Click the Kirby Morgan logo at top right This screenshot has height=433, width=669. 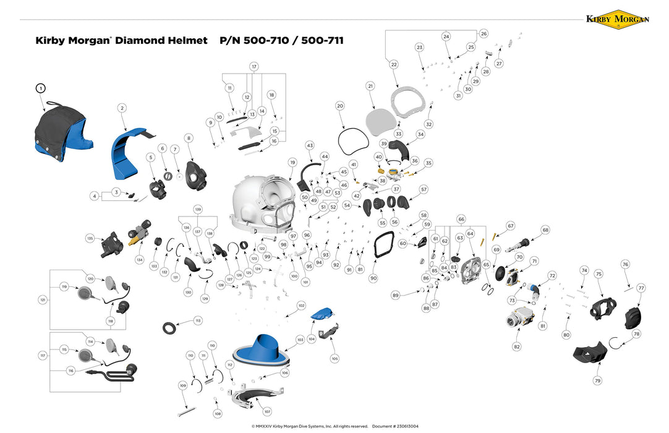pos(617,19)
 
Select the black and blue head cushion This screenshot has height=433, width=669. pos(62,133)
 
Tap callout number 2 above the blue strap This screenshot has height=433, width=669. pos(122,108)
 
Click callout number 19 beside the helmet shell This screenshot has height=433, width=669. pos(292,162)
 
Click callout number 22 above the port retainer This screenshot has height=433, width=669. pos(394,64)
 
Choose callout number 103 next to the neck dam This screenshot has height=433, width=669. pos(300,340)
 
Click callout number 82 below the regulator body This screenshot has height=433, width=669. pos(516,347)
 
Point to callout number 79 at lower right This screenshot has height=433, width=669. pos(597,381)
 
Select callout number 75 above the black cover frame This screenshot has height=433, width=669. pos(598,273)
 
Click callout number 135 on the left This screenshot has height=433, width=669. pos(90,238)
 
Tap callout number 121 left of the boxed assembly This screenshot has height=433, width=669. pos(43,300)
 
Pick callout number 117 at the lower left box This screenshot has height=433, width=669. pos(43,356)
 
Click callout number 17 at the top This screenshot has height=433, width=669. pos(254,66)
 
